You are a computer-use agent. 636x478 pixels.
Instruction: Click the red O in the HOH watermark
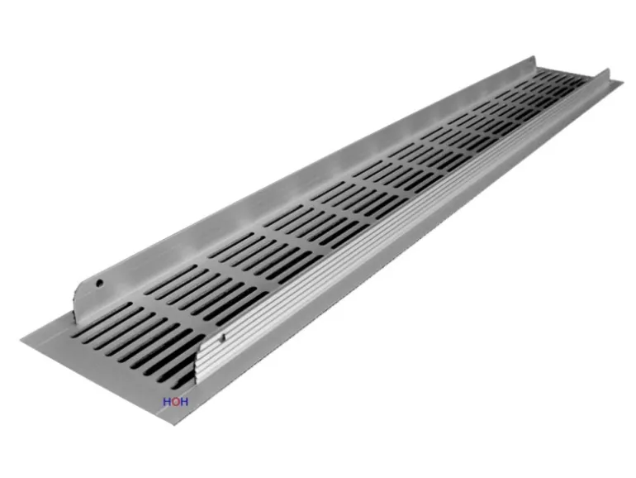pos(175,403)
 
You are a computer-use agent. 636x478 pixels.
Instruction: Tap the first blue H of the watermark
pos(167,403)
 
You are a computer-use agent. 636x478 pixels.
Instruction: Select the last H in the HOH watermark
pos(183,403)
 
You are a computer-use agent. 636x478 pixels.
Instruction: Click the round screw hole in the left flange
pos(99,284)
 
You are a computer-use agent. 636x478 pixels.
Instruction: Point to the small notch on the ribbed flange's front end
pos(222,337)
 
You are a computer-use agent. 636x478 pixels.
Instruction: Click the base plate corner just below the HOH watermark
pos(173,424)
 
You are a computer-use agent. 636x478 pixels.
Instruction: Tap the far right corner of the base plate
pos(621,83)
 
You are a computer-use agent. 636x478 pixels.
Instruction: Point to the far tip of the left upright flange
pos(534,58)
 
